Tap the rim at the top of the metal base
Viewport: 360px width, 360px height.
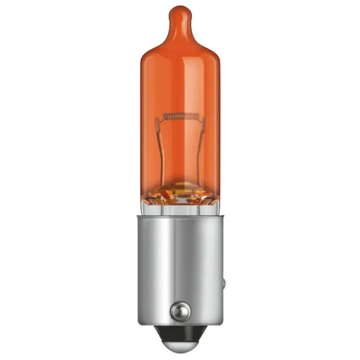tap(180, 217)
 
